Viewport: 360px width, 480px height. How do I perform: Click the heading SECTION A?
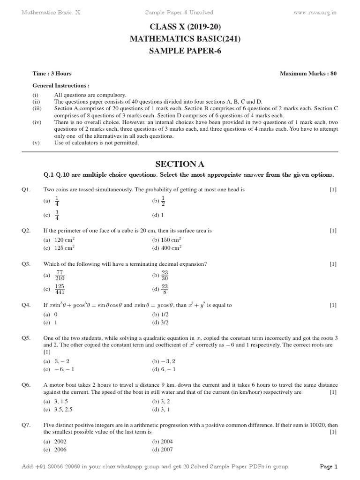180,164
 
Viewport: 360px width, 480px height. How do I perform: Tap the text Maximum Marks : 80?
308,74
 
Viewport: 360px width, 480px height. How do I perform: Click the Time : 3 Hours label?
52,74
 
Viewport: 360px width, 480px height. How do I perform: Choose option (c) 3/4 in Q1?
54,215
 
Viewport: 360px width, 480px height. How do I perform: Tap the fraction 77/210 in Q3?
60,276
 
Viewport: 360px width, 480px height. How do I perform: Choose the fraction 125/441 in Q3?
60,289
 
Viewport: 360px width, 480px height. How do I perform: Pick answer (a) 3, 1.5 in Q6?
56,402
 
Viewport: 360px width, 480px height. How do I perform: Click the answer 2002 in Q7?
60,442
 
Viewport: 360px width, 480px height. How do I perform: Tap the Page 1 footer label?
329,467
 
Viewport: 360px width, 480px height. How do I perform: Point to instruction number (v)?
36,143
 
